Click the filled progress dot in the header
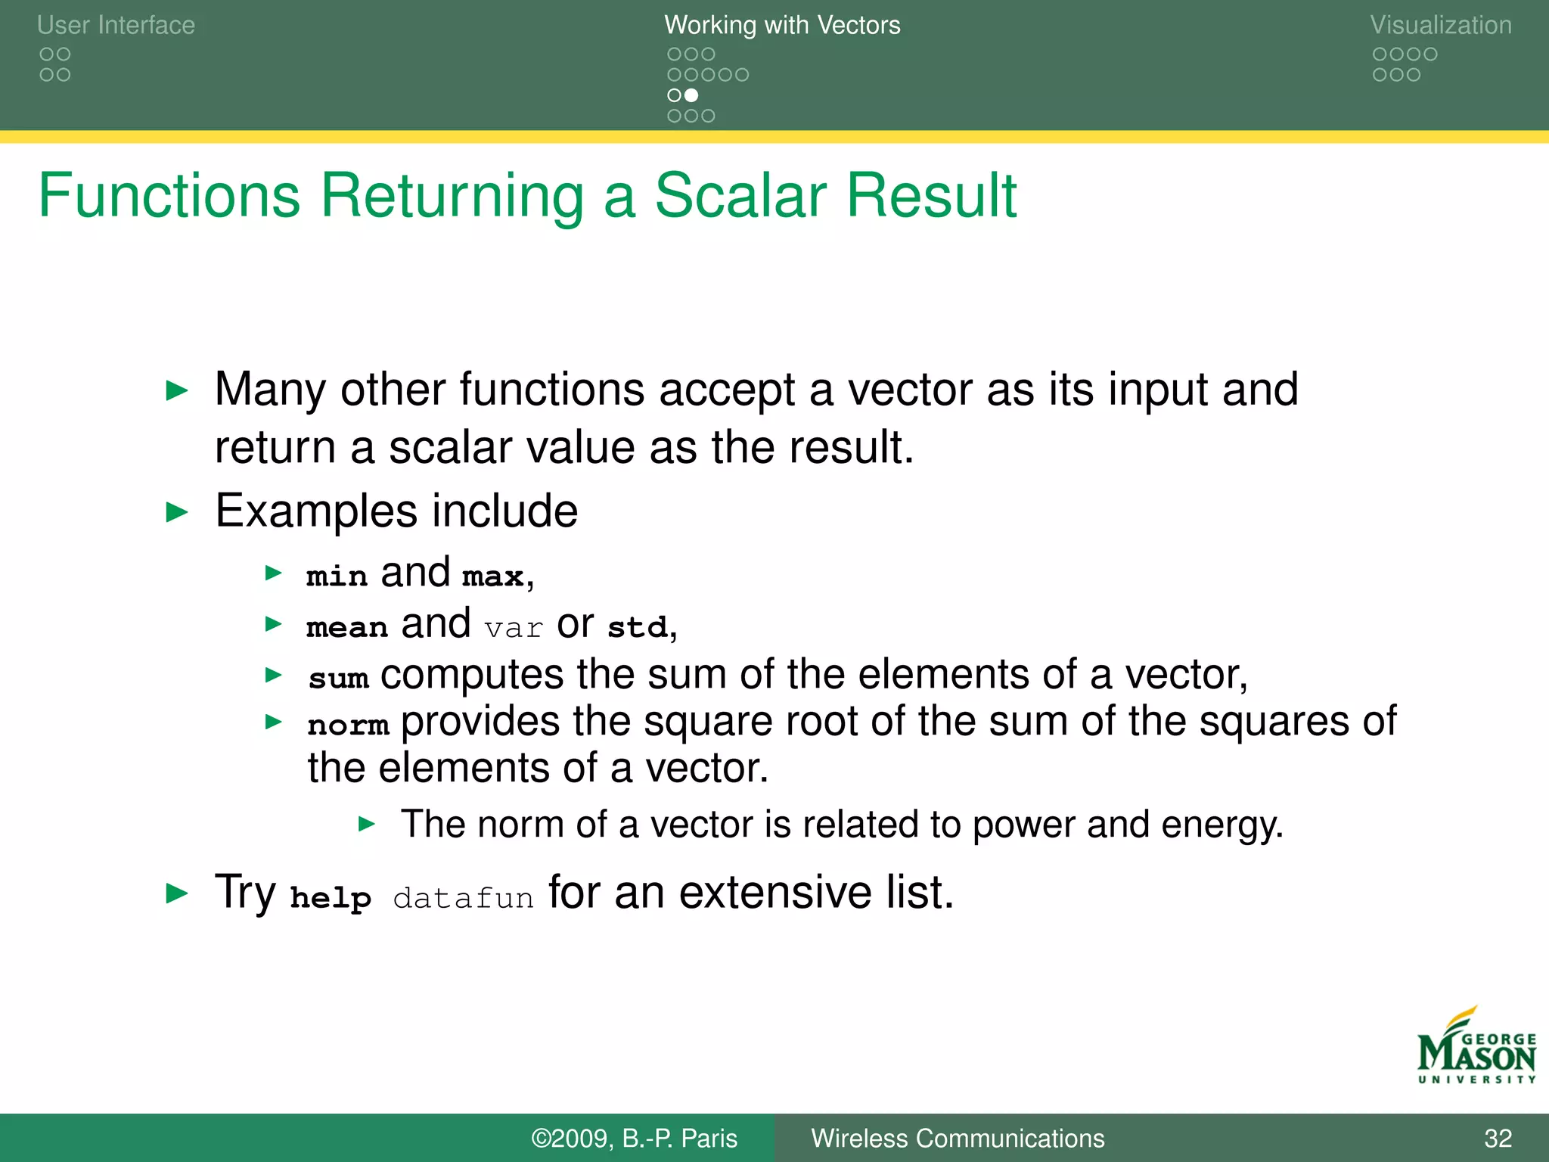pos(691,95)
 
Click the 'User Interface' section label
pos(116,25)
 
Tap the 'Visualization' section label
pos(1441,25)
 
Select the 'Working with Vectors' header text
pos(782,25)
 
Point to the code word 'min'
pos(337,576)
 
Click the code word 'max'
pos(493,576)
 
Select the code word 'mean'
pos(347,627)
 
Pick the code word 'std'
pos(638,627)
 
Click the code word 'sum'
pos(339,678)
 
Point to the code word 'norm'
pos(348,725)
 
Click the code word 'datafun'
pos(463,898)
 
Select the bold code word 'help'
pos(331,898)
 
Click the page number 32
pos(1498,1138)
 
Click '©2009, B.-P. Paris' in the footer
pos(634,1138)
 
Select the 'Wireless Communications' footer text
pos(958,1138)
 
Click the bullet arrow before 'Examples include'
pos(177,513)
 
